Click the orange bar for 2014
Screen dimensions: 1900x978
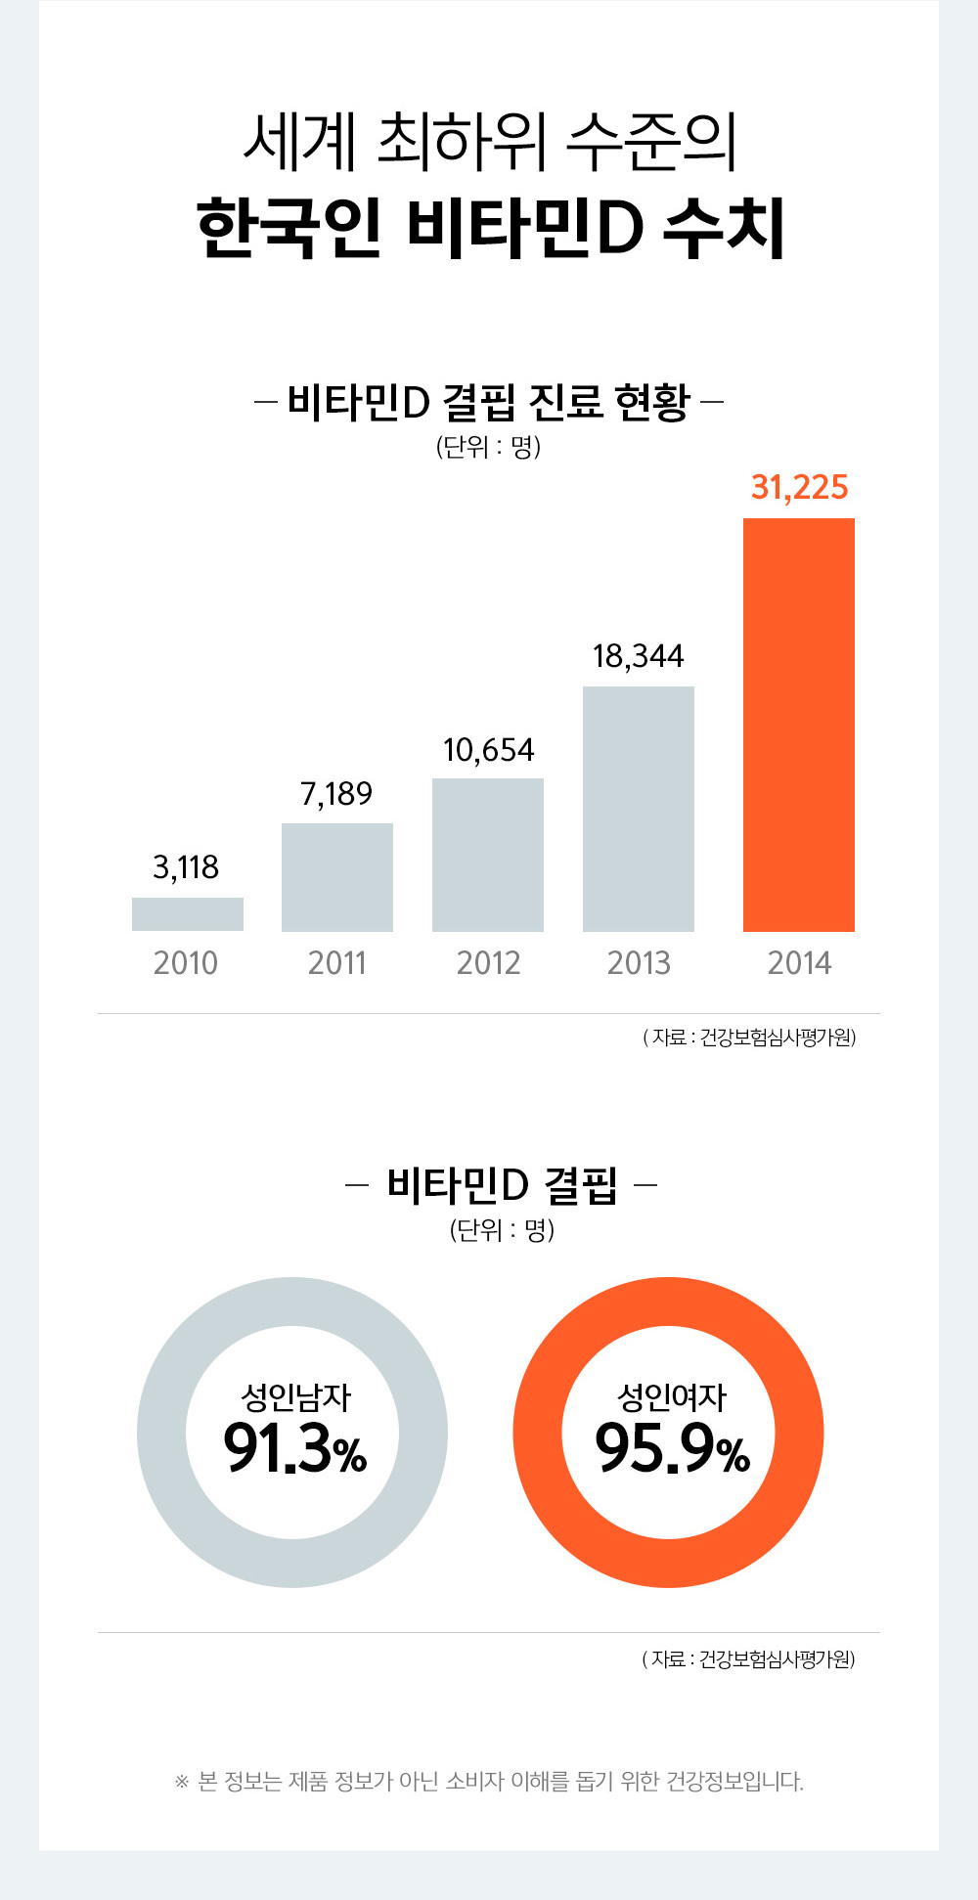pyautogui.click(x=799, y=725)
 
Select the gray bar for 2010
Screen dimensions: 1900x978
pyautogui.click(x=188, y=914)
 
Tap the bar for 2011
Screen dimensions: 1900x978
pyautogui.click(x=337, y=877)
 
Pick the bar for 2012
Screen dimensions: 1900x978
pyautogui.click(x=488, y=855)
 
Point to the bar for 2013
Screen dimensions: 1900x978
pyautogui.click(x=639, y=809)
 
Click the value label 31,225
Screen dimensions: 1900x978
pyautogui.click(x=799, y=487)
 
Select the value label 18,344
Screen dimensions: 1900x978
pyautogui.click(x=639, y=656)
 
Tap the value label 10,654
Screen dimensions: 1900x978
pyautogui.click(x=488, y=750)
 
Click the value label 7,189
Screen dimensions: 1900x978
pyautogui.click(x=336, y=794)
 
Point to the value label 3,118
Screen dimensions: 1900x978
pyautogui.click(x=186, y=867)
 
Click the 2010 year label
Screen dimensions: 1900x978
pyautogui.click(x=186, y=963)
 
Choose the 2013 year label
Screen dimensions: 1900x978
pyautogui.click(x=639, y=963)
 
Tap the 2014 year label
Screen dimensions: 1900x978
pyautogui.click(x=799, y=963)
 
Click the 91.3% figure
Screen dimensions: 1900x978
pyautogui.click(x=294, y=1449)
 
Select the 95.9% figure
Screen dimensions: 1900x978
pyautogui.click(x=672, y=1449)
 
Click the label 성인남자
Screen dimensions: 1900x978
pyautogui.click(x=295, y=1397)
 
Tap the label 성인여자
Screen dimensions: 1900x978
pyautogui.click(x=672, y=1397)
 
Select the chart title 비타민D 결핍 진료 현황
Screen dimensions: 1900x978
pyautogui.click(x=488, y=402)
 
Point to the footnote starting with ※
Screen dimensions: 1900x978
pyautogui.click(x=489, y=1781)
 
